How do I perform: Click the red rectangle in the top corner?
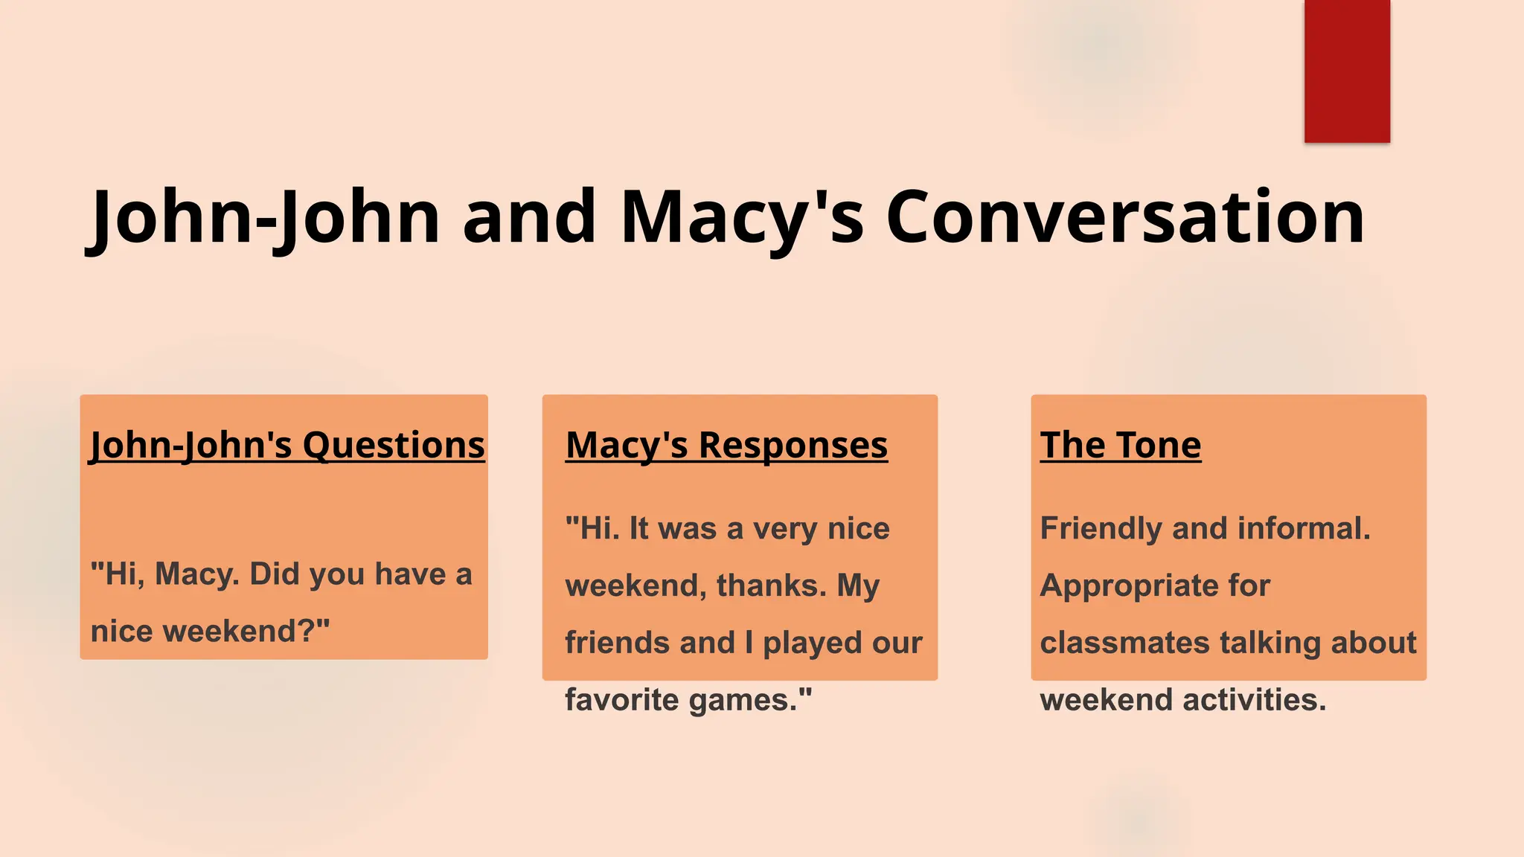[x=1347, y=71]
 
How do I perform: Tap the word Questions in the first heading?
[x=394, y=446]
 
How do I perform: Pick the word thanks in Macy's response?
[x=772, y=585]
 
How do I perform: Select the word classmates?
[x=1124, y=643]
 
